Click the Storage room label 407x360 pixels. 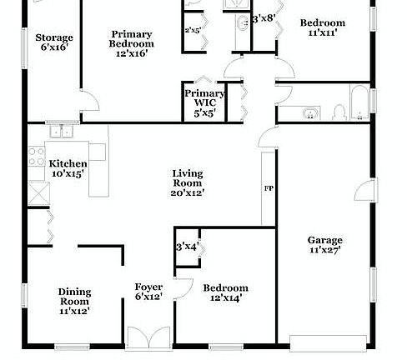click(x=54, y=37)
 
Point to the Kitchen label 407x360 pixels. click(x=66, y=163)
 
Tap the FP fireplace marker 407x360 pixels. click(x=269, y=189)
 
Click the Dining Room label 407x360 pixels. click(x=74, y=292)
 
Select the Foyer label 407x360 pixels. click(x=148, y=287)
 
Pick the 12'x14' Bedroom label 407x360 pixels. click(x=225, y=288)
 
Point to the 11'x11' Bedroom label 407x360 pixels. click(x=322, y=22)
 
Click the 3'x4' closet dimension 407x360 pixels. click(x=185, y=247)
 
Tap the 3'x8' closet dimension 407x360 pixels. click(x=264, y=17)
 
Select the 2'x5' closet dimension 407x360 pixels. click(x=193, y=31)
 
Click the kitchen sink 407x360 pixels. click(x=59, y=131)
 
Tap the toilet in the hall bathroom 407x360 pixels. click(x=339, y=112)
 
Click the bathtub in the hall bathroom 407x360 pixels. click(x=360, y=102)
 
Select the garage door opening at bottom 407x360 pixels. click(x=328, y=341)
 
